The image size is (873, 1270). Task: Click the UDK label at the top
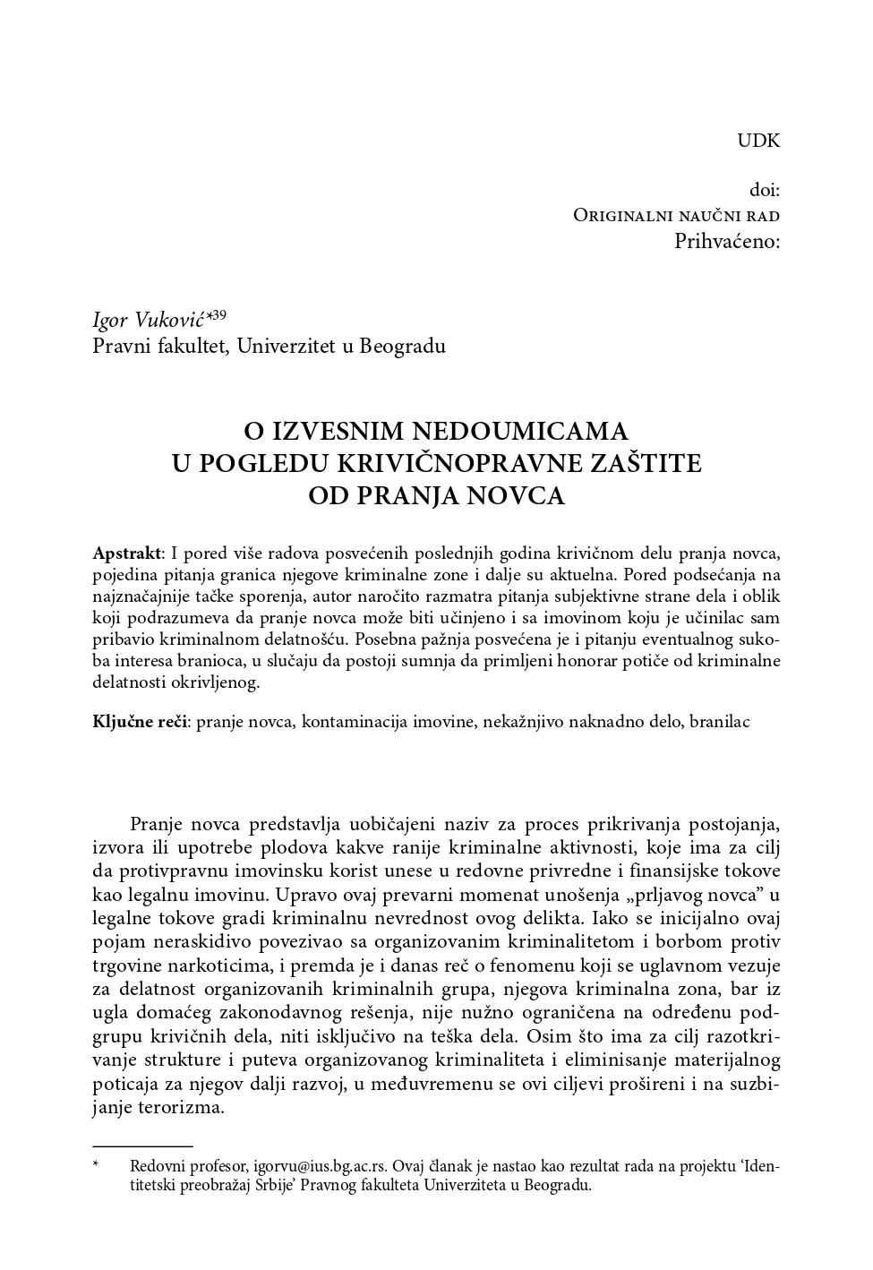758,141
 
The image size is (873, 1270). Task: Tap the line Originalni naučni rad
676,216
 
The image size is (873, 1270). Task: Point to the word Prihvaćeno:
726,241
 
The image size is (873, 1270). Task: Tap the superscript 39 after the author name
219,314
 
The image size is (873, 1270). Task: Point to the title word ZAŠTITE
651,464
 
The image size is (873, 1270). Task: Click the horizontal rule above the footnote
142,1146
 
